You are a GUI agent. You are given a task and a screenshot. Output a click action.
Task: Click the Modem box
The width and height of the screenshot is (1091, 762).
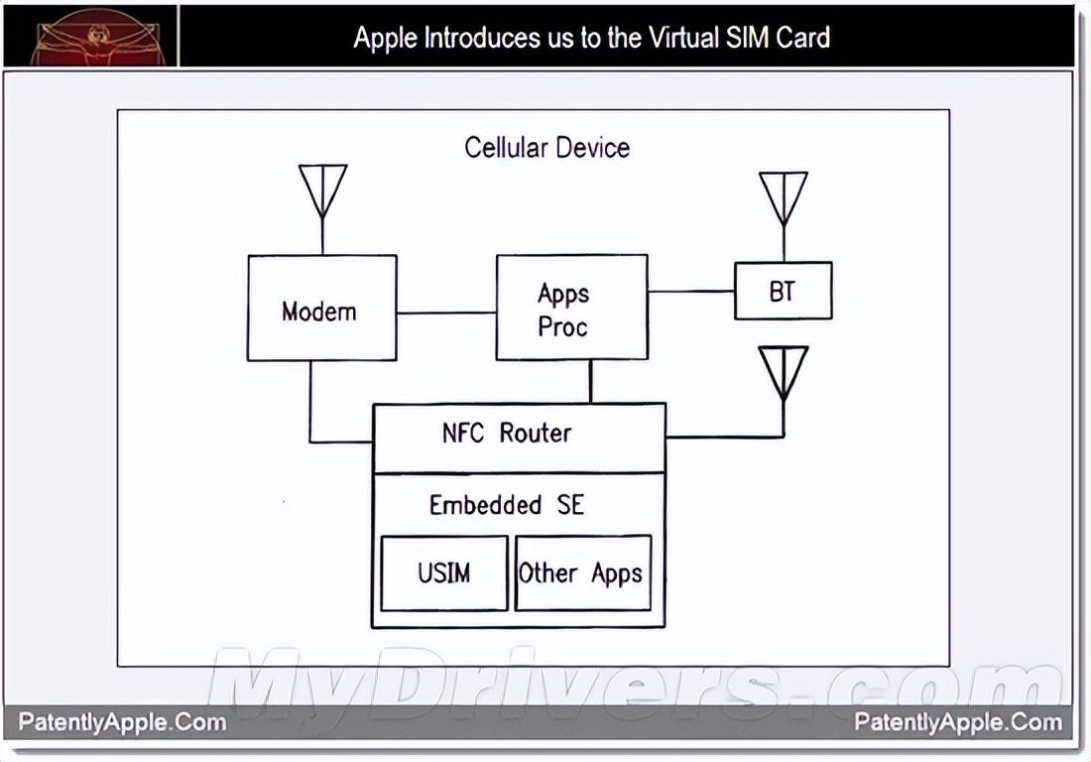[x=321, y=309]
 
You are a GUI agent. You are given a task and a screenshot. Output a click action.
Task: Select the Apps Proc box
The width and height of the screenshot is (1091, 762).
[x=571, y=308]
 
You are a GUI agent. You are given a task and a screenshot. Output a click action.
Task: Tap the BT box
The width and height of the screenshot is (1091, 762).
[x=783, y=291]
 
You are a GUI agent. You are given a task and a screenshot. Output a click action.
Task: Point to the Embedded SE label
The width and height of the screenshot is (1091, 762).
[x=506, y=505]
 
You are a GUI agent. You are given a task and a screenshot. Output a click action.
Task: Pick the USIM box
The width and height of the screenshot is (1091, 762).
[x=443, y=573]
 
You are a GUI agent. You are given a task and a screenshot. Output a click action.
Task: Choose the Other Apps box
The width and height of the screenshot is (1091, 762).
[x=582, y=573]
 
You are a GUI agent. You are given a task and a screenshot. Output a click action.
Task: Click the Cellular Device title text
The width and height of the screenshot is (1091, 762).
[x=546, y=148]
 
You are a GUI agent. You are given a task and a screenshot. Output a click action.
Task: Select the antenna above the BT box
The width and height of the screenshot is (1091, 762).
[x=784, y=197]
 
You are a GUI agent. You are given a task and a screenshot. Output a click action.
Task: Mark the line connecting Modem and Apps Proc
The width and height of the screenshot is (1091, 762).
[x=446, y=313]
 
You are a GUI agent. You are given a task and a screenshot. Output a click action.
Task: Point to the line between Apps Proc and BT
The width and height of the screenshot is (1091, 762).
[x=690, y=292]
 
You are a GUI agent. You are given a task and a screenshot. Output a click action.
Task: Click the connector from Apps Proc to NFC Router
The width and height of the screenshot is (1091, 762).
[x=591, y=381]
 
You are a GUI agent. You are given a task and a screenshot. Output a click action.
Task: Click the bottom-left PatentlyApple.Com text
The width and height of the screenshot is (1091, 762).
[x=122, y=722]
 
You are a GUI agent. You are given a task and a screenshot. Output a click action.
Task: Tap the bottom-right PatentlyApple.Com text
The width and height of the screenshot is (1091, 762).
[x=958, y=722]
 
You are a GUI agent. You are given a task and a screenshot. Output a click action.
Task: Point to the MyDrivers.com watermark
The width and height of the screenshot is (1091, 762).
[x=635, y=685]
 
